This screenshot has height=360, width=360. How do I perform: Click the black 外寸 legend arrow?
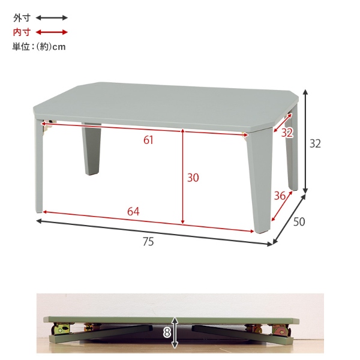(52, 17)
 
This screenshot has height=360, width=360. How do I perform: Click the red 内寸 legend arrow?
(52, 32)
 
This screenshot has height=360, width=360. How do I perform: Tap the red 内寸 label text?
(22, 32)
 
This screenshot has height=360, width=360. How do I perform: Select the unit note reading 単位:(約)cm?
(39, 47)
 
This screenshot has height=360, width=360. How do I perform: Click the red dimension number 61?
(148, 140)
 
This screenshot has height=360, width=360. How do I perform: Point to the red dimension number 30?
(193, 178)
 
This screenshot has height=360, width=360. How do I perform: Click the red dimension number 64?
(133, 211)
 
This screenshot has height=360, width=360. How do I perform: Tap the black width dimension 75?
(148, 242)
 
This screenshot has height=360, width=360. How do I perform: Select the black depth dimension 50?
(299, 222)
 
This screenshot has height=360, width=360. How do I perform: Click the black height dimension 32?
(315, 144)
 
